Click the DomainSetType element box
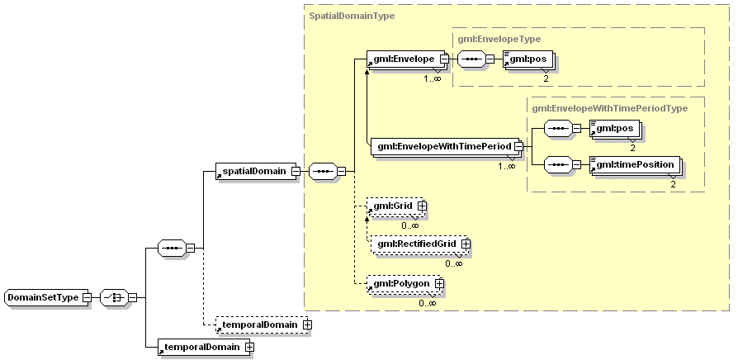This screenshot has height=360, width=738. [43, 297]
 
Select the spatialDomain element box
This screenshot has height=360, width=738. [251, 171]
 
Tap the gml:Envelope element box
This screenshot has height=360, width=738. [402, 59]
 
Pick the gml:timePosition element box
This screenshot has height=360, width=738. [634, 164]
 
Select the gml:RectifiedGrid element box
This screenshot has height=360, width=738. [416, 244]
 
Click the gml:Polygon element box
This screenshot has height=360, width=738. [400, 284]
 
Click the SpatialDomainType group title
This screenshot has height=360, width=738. [351, 15]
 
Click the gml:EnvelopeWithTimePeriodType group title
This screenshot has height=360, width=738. [609, 107]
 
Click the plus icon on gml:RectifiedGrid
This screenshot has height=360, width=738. [466, 244]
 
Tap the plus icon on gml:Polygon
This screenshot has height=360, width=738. [439, 284]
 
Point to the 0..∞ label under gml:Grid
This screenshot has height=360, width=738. [410, 225]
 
